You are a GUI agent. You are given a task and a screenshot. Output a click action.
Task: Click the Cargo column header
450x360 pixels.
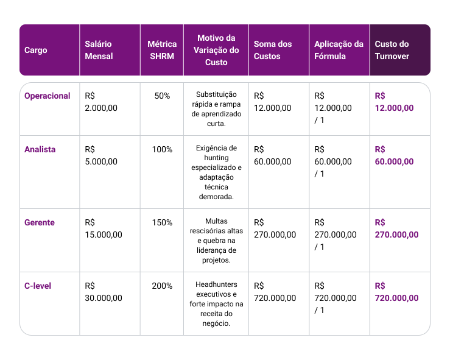pos(35,50)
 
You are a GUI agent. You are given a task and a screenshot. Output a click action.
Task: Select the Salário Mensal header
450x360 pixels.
pos(99,50)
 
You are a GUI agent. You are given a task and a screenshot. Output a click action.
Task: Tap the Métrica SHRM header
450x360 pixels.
pos(162,50)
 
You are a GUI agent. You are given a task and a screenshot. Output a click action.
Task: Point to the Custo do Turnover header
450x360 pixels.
pos(392,50)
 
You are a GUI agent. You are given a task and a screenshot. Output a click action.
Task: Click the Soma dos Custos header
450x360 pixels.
pos(273,50)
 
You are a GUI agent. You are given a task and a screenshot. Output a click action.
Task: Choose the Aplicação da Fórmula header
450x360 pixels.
pos(339,50)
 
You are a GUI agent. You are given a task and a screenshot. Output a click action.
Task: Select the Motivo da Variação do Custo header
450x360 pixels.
pos(216,50)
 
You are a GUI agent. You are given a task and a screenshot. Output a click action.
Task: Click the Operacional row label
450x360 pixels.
pos(47,96)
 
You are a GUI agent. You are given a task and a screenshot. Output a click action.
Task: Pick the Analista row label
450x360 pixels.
pos(40,150)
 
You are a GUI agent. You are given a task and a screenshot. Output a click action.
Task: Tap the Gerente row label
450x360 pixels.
pos(40,222)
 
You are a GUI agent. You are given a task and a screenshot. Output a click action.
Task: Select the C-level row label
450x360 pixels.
pos(38,286)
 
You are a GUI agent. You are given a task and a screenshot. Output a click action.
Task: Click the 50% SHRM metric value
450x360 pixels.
pos(162,96)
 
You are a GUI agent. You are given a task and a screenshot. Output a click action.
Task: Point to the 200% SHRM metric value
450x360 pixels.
pos(162,286)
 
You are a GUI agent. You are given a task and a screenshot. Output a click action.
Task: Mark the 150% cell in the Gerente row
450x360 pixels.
pos(162,222)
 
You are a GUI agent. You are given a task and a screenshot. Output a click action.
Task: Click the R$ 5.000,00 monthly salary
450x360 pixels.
pos(101,155)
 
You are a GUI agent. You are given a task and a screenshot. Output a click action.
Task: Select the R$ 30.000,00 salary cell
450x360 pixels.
pos(104,292)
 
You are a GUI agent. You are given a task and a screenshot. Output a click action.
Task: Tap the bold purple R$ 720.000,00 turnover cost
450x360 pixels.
pos(396,292)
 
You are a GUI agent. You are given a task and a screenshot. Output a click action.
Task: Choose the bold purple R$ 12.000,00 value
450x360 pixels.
pos(395,102)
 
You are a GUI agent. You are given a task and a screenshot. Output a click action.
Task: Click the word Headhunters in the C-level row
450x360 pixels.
pos(216,284)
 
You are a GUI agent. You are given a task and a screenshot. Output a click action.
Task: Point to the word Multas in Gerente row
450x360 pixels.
pos(216,221)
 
